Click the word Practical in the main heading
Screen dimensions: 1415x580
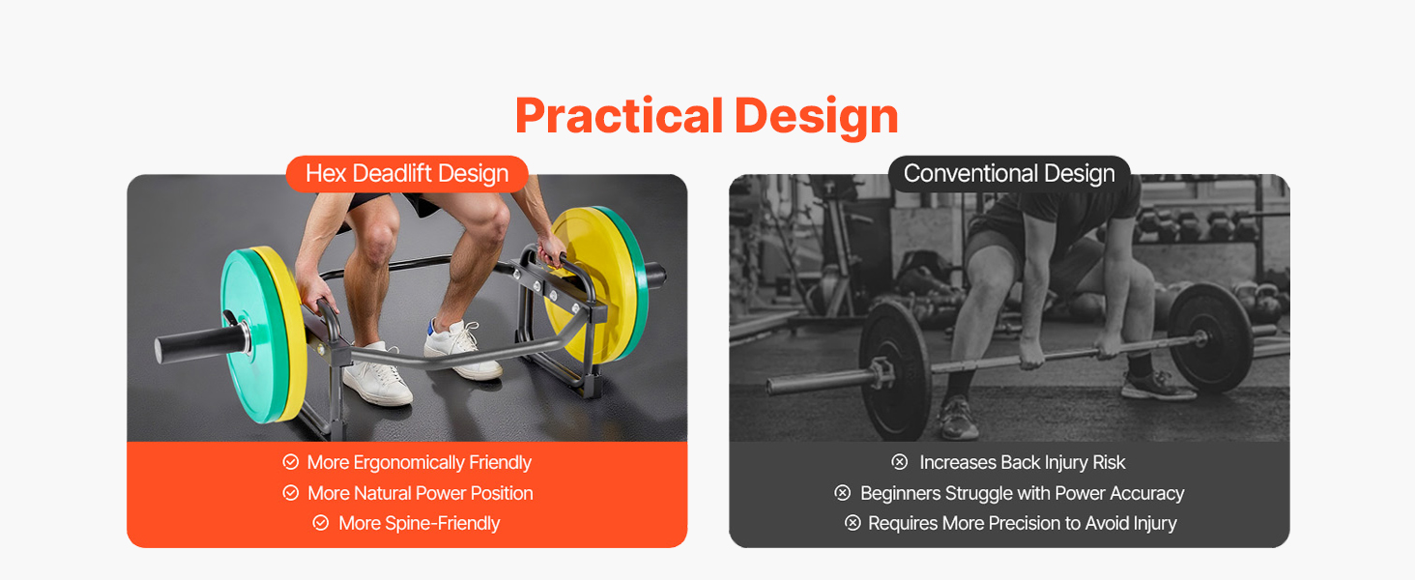pos(619,116)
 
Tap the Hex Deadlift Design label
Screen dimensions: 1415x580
pos(407,174)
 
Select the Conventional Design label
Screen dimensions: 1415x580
pos(1009,174)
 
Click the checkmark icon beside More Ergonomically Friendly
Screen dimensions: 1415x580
pos(291,462)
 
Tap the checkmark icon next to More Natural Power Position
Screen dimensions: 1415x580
pos(291,493)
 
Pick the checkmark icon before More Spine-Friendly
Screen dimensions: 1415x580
pos(321,523)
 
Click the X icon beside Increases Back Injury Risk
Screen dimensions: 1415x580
pos(900,462)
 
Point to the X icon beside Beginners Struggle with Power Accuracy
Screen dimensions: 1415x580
pos(843,493)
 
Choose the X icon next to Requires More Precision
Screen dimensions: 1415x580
pos(852,523)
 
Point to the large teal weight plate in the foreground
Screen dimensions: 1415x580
pos(249,334)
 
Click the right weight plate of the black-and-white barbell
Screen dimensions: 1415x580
pos(1210,337)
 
